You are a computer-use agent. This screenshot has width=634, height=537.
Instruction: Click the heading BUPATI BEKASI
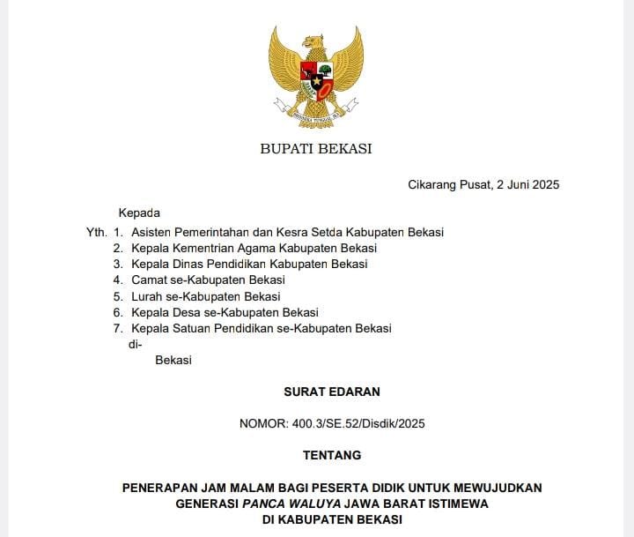pos(315,149)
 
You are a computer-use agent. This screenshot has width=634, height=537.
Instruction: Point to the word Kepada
pos(139,213)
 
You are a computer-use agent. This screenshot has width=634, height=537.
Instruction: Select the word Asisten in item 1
pos(152,232)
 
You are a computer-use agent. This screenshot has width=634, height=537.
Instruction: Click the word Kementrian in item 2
pos(205,248)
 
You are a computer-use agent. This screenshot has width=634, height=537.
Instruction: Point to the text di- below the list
pos(136,344)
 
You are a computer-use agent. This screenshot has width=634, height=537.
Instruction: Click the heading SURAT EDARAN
pos(332,392)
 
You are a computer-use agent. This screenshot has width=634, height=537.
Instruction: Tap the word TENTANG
pos(332,455)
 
